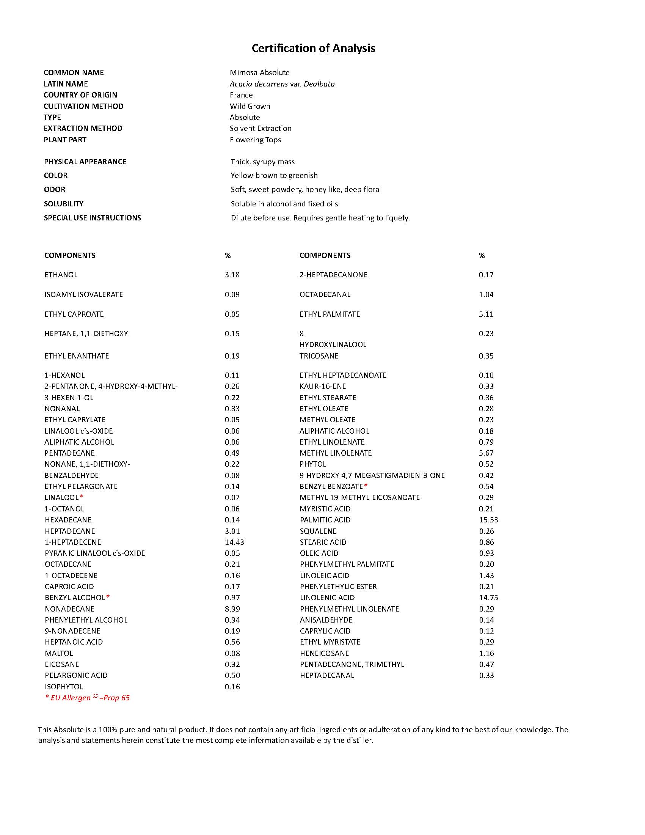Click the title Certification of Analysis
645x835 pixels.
(313, 48)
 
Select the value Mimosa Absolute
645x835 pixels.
(259, 72)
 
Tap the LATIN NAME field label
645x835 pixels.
(66, 84)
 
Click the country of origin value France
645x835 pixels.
(241, 95)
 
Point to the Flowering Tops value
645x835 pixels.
(255, 140)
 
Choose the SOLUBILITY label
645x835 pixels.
(63, 204)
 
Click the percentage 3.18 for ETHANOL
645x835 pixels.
(232, 275)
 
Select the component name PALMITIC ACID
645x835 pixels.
(325, 520)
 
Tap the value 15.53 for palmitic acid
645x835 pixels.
(488, 520)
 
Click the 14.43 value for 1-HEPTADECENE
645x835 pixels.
(234, 542)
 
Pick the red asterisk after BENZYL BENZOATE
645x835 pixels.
(366, 486)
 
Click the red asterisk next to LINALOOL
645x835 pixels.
(82, 497)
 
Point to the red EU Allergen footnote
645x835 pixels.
(88, 698)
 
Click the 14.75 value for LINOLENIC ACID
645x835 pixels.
(488, 598)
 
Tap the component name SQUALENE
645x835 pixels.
(318, 531)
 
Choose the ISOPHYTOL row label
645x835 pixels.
(64, 687)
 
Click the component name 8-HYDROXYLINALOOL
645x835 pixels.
(333, 339)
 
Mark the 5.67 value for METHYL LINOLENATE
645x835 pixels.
(486, 453)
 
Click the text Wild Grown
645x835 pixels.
(250, 106)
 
